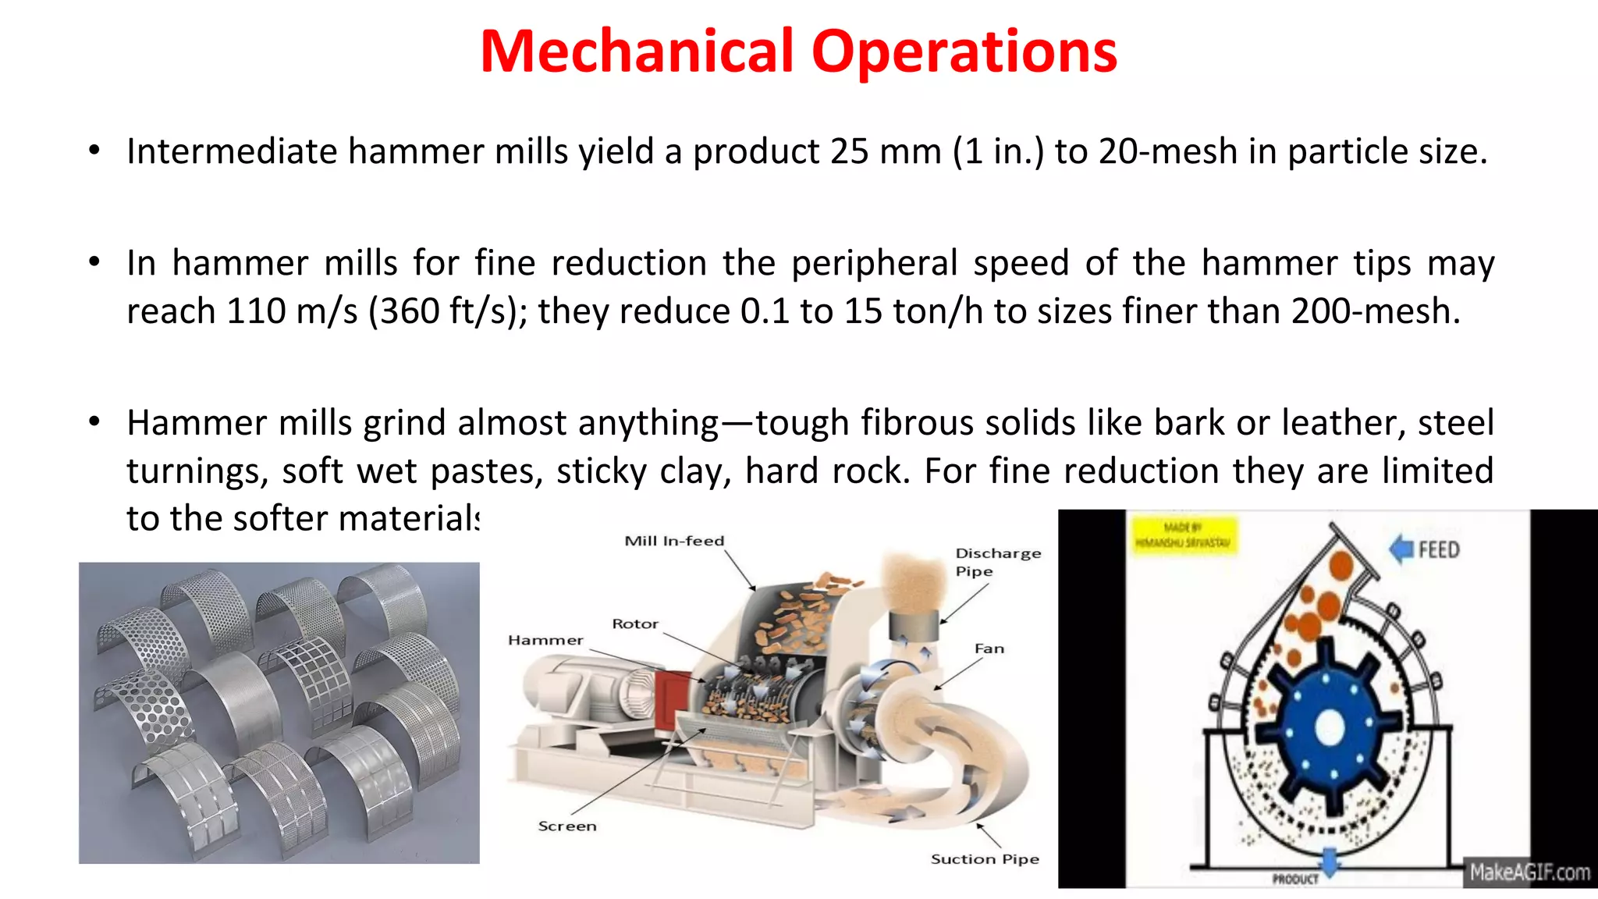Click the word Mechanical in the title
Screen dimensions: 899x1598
point(637,52)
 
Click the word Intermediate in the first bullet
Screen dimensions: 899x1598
point(232,151)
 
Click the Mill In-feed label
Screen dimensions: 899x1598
point(674,541)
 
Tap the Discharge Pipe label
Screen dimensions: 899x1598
point(997,562)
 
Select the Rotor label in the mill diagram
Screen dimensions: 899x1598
point(635,624)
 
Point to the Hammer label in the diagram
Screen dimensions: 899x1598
point(545,641)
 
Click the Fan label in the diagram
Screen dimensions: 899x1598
point(989,648)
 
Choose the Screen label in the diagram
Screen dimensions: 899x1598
point(567,826)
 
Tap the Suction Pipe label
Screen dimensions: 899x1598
point(985,859)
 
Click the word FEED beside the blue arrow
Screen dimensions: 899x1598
point(1439,550)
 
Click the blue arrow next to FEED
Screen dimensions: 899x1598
point(1402,549)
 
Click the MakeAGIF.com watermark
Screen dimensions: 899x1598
point(1529,872)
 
